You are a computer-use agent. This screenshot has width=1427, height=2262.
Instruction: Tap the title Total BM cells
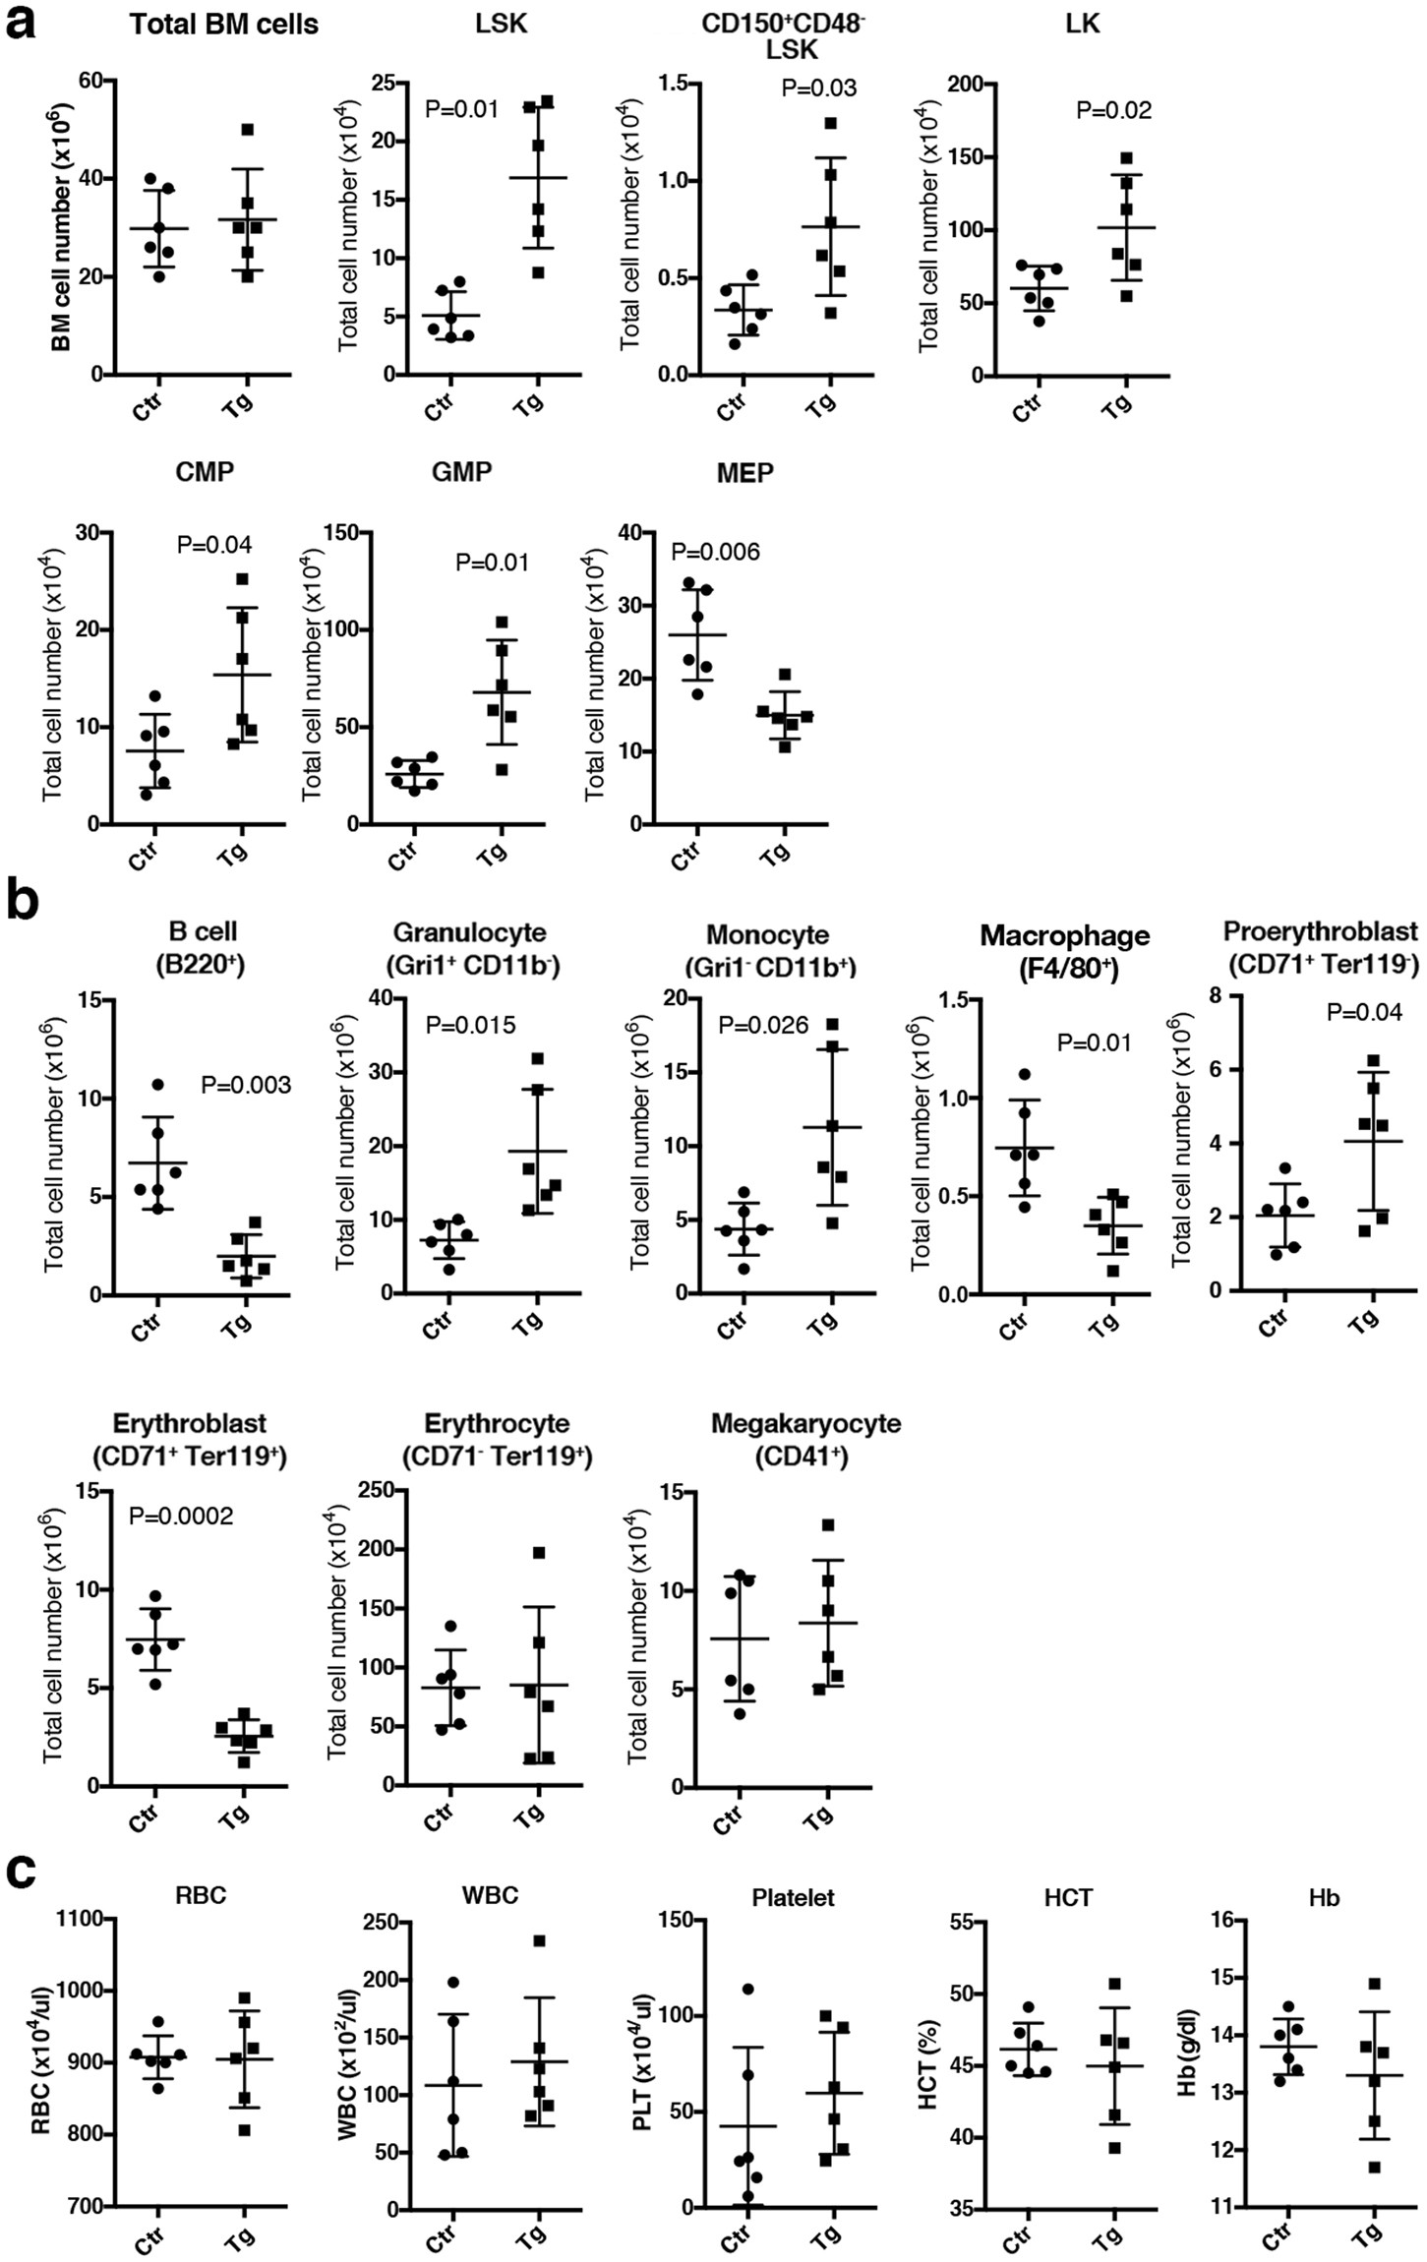pyautogui.click(x=223, y=24)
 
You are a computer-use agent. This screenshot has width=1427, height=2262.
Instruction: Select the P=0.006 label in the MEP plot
pyautogui.click(x=715, y=552)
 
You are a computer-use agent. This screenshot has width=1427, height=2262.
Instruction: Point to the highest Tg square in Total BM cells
pyautogui.click(x=247, y=130)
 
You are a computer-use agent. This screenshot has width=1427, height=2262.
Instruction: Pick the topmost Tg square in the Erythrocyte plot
pyautogui.click(x=538, y=1552)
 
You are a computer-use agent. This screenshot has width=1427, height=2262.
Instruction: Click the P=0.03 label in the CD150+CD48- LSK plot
pyautogui.click(x=819, y=88)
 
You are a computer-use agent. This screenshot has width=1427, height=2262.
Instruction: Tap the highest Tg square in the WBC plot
pyautogui.click(x=539, y=1940)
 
